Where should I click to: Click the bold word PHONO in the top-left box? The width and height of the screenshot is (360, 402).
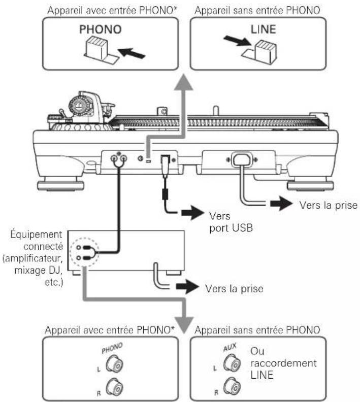[x=100, y=29]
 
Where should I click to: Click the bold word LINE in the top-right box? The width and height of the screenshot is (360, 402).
[x=264, y=29]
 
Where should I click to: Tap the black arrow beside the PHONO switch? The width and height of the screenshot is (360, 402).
[x=132, y=53]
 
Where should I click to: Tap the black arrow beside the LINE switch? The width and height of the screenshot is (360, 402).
[x=237, y=41]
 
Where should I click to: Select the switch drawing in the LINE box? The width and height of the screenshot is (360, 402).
[x=260, y=52]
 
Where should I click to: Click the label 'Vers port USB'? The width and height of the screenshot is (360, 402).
[x=231, y=222]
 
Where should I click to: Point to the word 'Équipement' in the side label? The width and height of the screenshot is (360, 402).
[x=37, y=234]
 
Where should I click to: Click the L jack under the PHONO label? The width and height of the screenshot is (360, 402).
[x=115, y=364]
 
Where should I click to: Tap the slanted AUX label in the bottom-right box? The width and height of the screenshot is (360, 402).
[x=230, y=347]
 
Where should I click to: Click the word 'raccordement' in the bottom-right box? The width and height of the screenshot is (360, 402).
[x=284, y=363]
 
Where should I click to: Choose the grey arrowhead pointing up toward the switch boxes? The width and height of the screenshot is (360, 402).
[x=183, y=82]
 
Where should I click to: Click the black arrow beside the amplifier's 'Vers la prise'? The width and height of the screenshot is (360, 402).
[x=188, y=286]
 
